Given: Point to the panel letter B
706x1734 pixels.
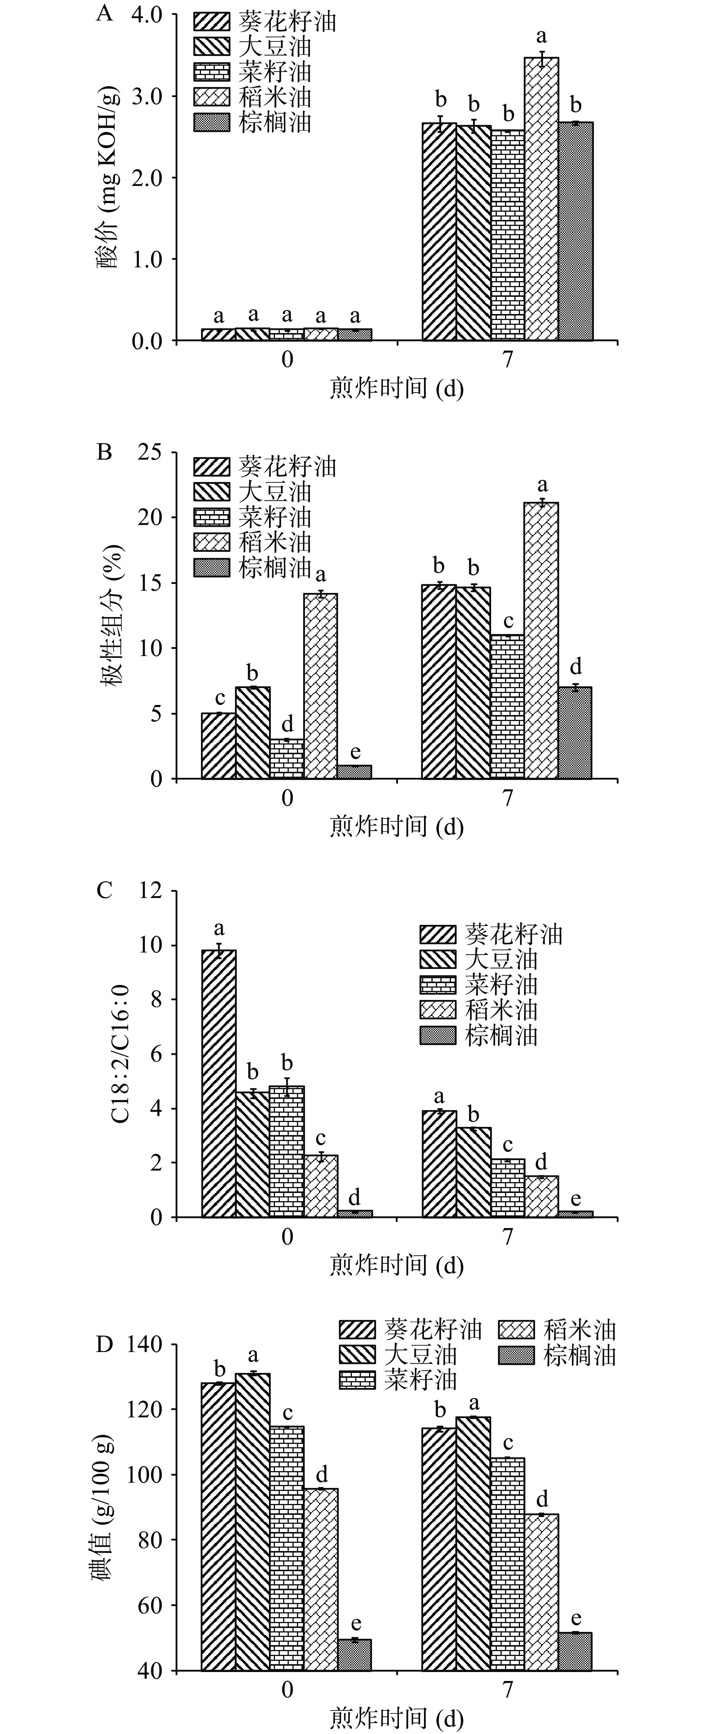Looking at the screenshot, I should (105, 452).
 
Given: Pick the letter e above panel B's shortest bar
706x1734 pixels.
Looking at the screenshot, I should (354, 751).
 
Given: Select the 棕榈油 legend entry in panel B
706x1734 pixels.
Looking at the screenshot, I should (253, 568).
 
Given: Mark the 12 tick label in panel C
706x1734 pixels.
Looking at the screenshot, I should (149, 891).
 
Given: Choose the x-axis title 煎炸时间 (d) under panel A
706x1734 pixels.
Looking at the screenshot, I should (397, 389).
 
